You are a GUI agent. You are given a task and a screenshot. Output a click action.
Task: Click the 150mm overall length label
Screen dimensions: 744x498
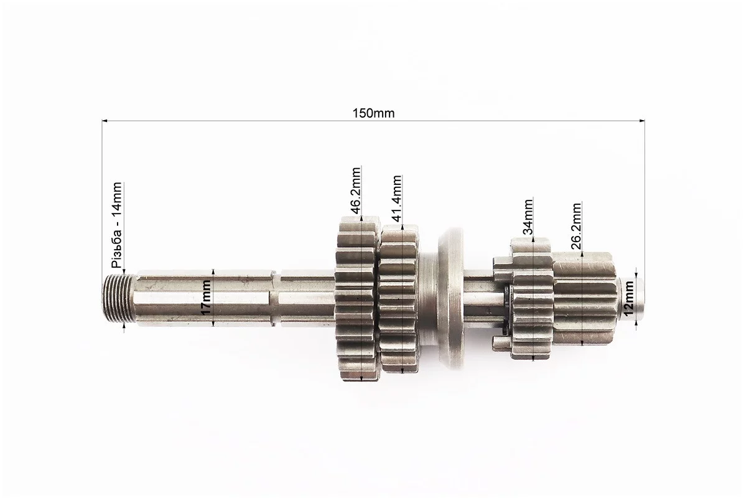click(x=373, y=113)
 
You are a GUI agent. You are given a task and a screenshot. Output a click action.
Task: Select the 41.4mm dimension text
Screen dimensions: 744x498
click(x=397, y=198)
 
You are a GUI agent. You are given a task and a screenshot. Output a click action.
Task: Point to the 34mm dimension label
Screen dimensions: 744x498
click(x=528, y=217)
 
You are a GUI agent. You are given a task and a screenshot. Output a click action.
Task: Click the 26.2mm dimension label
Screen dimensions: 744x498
click(x=576, y=226)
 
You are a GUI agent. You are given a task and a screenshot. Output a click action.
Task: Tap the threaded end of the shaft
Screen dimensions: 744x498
click(x=114, y=299)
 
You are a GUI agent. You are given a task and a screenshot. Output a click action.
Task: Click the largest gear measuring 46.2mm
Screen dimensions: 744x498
click(x=357, y=298)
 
